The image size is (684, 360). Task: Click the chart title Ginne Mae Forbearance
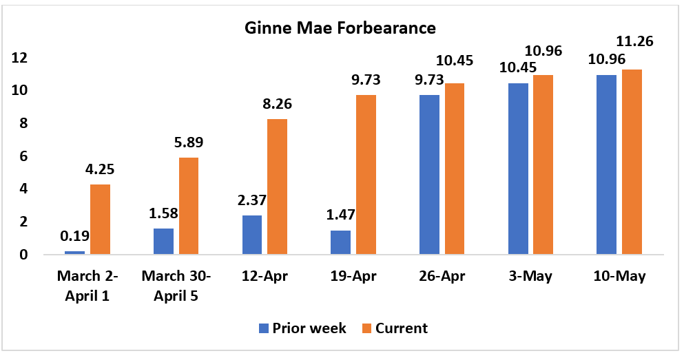[340, 29]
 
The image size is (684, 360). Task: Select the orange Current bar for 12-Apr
[277, 187]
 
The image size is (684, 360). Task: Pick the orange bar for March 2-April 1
[100, 219]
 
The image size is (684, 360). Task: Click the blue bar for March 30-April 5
[164, 241]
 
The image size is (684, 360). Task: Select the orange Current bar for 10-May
[632, 162]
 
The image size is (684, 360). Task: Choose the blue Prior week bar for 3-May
[518, 169]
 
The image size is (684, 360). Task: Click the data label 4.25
[100, 169]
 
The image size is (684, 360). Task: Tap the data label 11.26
[632, 41]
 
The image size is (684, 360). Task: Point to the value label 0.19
[75, 236]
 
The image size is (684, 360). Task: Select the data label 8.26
[277, 105]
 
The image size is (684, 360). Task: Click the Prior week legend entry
[302, 328]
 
